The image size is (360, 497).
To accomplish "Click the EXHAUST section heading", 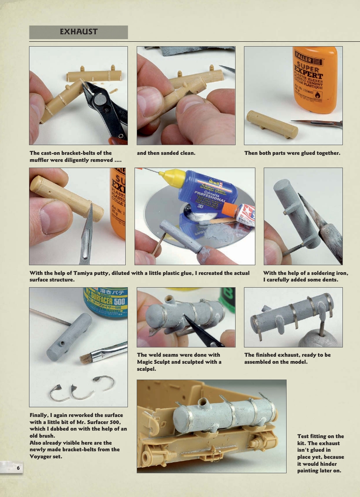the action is coord(79,32).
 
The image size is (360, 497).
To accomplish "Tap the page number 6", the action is coord(18,468).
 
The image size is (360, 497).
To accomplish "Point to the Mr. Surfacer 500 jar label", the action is coord(105,303).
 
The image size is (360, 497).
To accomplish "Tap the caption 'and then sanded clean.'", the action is coord(166,153).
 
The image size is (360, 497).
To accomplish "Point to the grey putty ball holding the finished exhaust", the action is coord(320,338).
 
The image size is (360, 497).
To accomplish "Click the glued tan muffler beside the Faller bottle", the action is coord(272,124).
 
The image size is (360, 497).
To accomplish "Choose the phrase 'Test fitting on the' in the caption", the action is coord(320,436).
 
